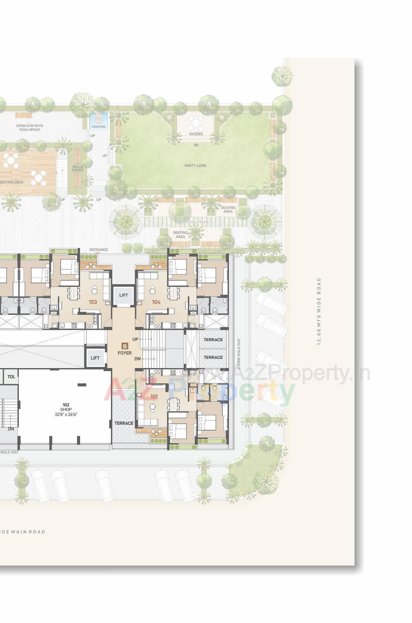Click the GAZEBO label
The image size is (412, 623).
coord(196,134)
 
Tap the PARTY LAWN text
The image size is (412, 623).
coord(195,166)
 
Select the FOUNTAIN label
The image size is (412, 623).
coord(98,127)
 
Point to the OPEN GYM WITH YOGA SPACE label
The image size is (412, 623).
coord(30,128)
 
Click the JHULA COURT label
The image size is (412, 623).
coord(77,168)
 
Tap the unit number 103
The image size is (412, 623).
coord(93,302)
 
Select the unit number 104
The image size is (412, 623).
coord(156,302)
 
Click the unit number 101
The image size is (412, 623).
coord(154,396)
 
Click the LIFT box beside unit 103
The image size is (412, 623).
coord(123,295)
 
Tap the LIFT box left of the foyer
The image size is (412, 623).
coord(95,358)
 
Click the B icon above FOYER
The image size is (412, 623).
coord(125,346)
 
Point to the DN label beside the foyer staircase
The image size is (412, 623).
coord(138,359)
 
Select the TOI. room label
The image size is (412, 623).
coord(11,377)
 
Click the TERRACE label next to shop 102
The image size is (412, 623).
coord(124,423)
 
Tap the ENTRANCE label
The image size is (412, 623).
coord(98,250)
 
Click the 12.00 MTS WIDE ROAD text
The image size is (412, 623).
coord(319,311)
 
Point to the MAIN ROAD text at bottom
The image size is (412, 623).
coord(23,532)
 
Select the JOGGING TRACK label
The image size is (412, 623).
coord(195,222)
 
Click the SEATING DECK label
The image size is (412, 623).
coord(11,182)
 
